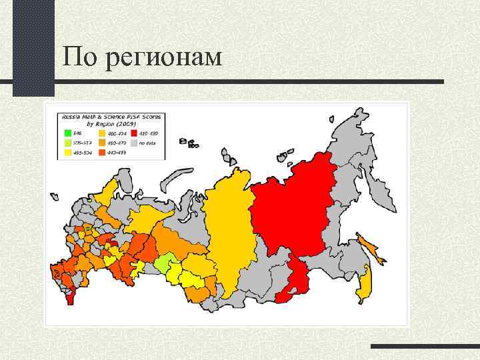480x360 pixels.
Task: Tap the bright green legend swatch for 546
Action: coord(67,132)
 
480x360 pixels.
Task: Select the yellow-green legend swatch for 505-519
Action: coord(67,142)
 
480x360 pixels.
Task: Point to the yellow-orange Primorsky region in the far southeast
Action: coord(364,287)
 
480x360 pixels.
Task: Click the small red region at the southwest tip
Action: coord(71,295)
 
